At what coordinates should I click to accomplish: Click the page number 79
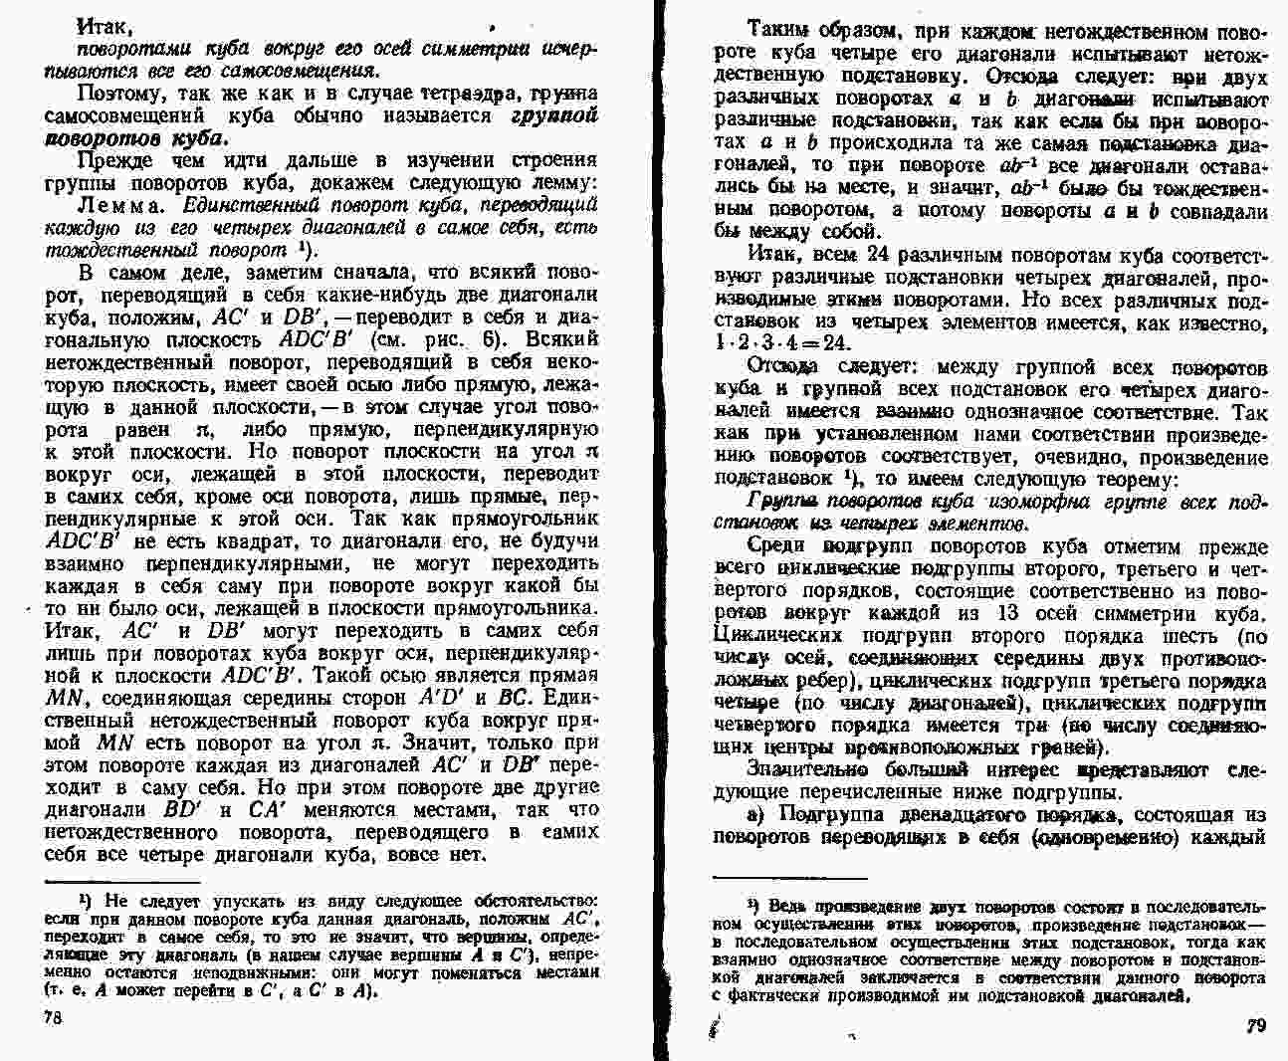click(1256, 1025)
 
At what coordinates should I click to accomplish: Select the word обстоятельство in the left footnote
click(537, 900)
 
